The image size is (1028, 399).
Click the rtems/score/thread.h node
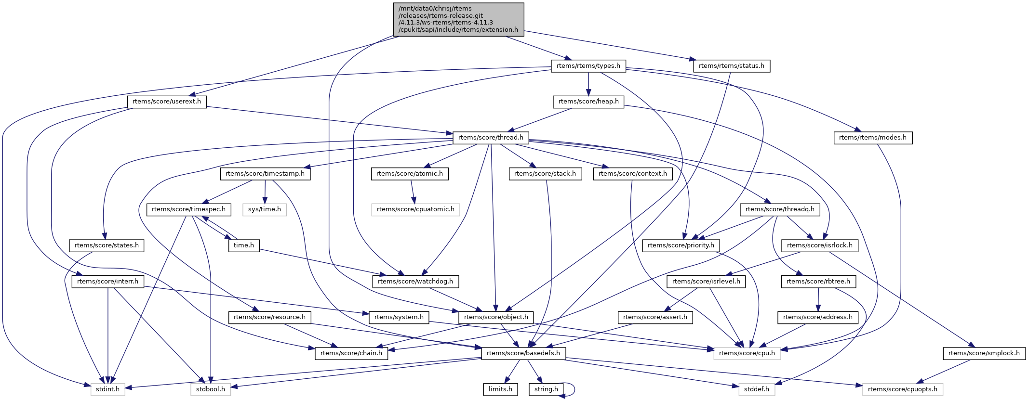tap(491, 138)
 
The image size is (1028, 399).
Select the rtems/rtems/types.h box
tap(588, 66)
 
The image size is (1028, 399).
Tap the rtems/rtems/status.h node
tap(731, 66)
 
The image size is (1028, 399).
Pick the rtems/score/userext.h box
tap(167, 102)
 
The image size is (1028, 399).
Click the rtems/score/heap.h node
tap(588, 102)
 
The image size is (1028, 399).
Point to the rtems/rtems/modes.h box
tap(872, 138)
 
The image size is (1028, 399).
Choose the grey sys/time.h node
tap(265, 209)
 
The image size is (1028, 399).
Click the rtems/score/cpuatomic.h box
tap(415, 209)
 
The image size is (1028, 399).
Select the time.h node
tap(244, 245)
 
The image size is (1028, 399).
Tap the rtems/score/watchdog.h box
tap(415, 282)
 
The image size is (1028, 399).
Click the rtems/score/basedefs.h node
tap(523, 353)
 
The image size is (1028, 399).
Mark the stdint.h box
tap(107, 389)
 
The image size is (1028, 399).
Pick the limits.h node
tap(500, 389)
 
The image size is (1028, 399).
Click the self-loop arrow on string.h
tap(574, 389)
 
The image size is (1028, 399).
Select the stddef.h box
tap(757, 389)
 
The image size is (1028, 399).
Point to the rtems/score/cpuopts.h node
tap(902, 389)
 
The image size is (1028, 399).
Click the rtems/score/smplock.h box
tap(984, 353)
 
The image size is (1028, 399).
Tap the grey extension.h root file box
tap(458, 19)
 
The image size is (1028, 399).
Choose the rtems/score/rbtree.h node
tap(818, 282)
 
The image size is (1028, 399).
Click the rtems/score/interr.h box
tap(107, 282)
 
